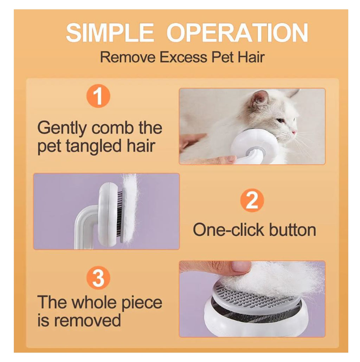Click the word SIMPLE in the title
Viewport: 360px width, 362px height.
110,33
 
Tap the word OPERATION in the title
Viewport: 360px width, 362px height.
237,33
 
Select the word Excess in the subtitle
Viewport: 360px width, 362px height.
184,57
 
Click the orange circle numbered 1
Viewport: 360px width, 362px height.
98,96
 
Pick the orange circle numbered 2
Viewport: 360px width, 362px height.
252,200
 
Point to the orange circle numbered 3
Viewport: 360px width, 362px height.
98,278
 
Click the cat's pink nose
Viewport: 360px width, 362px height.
294,132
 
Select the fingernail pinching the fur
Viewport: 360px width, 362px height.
239,267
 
